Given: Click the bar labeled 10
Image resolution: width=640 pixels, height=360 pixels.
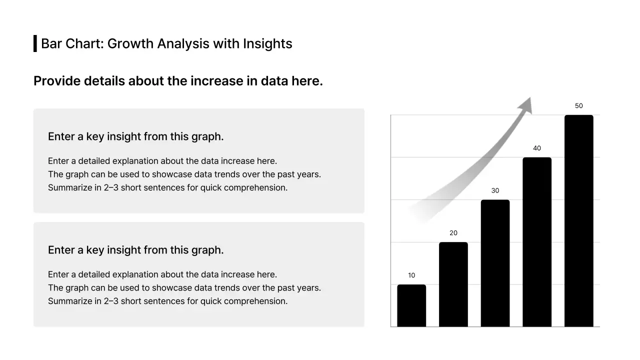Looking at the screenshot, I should pos(411,306).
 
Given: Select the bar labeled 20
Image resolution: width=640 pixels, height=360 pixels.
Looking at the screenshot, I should pos(453,284).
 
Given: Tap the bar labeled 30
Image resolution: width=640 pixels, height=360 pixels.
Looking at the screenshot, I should pos(495,263).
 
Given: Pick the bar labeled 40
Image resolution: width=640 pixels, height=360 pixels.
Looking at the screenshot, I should pos(537,242).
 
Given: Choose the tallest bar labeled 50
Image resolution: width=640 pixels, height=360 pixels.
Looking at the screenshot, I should pos(579,221).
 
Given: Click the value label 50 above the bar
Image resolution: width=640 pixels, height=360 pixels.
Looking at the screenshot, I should pos(579,106).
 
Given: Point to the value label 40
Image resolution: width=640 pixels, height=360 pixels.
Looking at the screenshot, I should pos(537,148).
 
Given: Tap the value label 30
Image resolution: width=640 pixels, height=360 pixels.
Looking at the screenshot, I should pos(495,190).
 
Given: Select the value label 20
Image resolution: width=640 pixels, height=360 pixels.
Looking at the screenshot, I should pos(453,233).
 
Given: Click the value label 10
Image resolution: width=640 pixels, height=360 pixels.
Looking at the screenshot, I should pos(411,275).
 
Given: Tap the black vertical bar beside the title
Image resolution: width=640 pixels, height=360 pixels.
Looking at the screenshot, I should pos(35,43).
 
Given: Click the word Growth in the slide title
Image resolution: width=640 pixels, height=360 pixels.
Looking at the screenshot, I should pos(130,44).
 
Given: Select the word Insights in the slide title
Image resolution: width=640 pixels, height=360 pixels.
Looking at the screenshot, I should pos(267,44).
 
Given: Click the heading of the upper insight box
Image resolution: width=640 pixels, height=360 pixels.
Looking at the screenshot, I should pos(135,136).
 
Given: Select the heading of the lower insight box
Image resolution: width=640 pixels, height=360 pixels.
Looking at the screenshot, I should pos(135,250).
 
